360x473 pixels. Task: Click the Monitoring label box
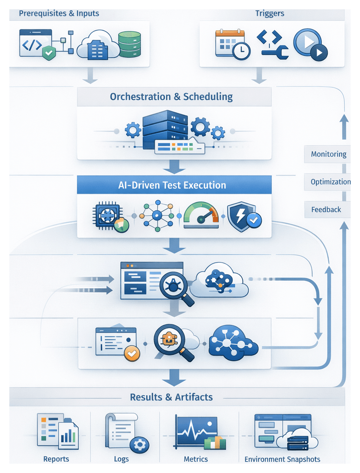[328, 154]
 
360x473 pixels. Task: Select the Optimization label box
[330, 182]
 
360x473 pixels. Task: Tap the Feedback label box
[326, 209]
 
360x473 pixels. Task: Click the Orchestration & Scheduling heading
[171, 97]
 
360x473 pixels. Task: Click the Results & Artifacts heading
[171, 397]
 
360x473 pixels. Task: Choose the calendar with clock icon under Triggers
[232, 44]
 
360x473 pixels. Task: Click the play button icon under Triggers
[310, 45]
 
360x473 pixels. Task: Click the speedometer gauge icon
[201, 215]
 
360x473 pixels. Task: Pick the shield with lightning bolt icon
[244, 216]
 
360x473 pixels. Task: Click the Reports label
[56, 459]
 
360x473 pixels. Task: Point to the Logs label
[122, 459]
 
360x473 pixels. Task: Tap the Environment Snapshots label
[282, 459]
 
